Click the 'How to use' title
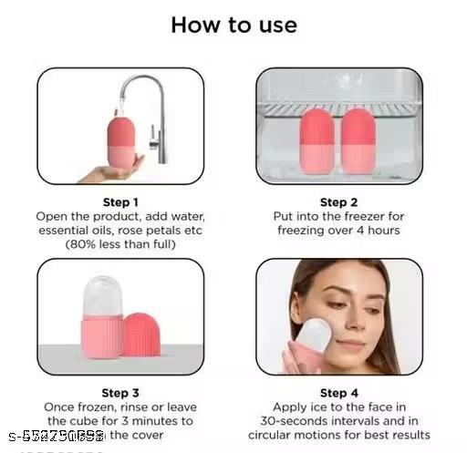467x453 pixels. coord(233,25)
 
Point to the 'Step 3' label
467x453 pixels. coord(121,394)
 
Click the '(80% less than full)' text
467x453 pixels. coord(121,245)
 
